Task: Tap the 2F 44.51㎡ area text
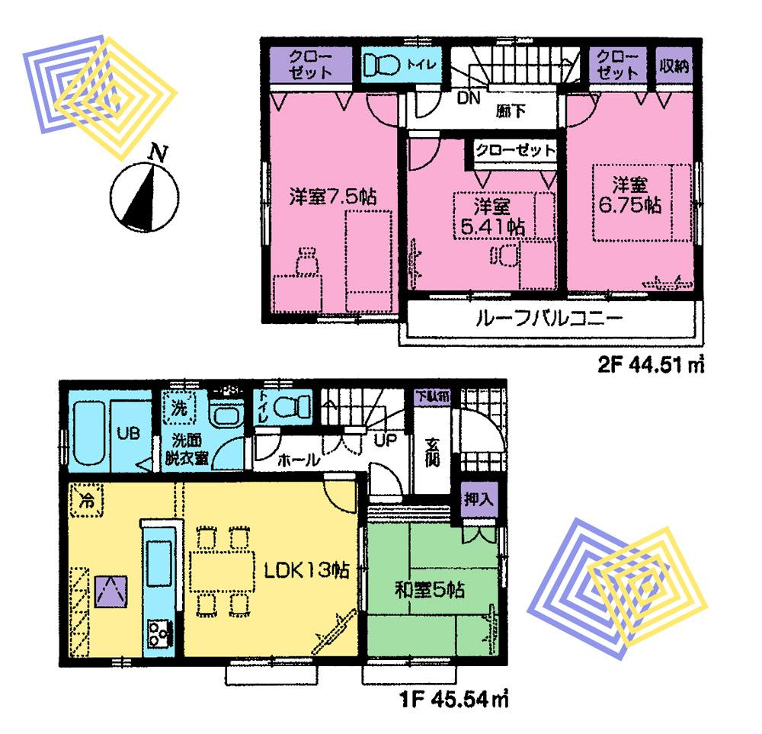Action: [648, 366]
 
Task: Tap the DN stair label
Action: [468, 97]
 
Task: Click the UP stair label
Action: [383, 440]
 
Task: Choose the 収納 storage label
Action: [674, 66]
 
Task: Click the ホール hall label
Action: [293, 460]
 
